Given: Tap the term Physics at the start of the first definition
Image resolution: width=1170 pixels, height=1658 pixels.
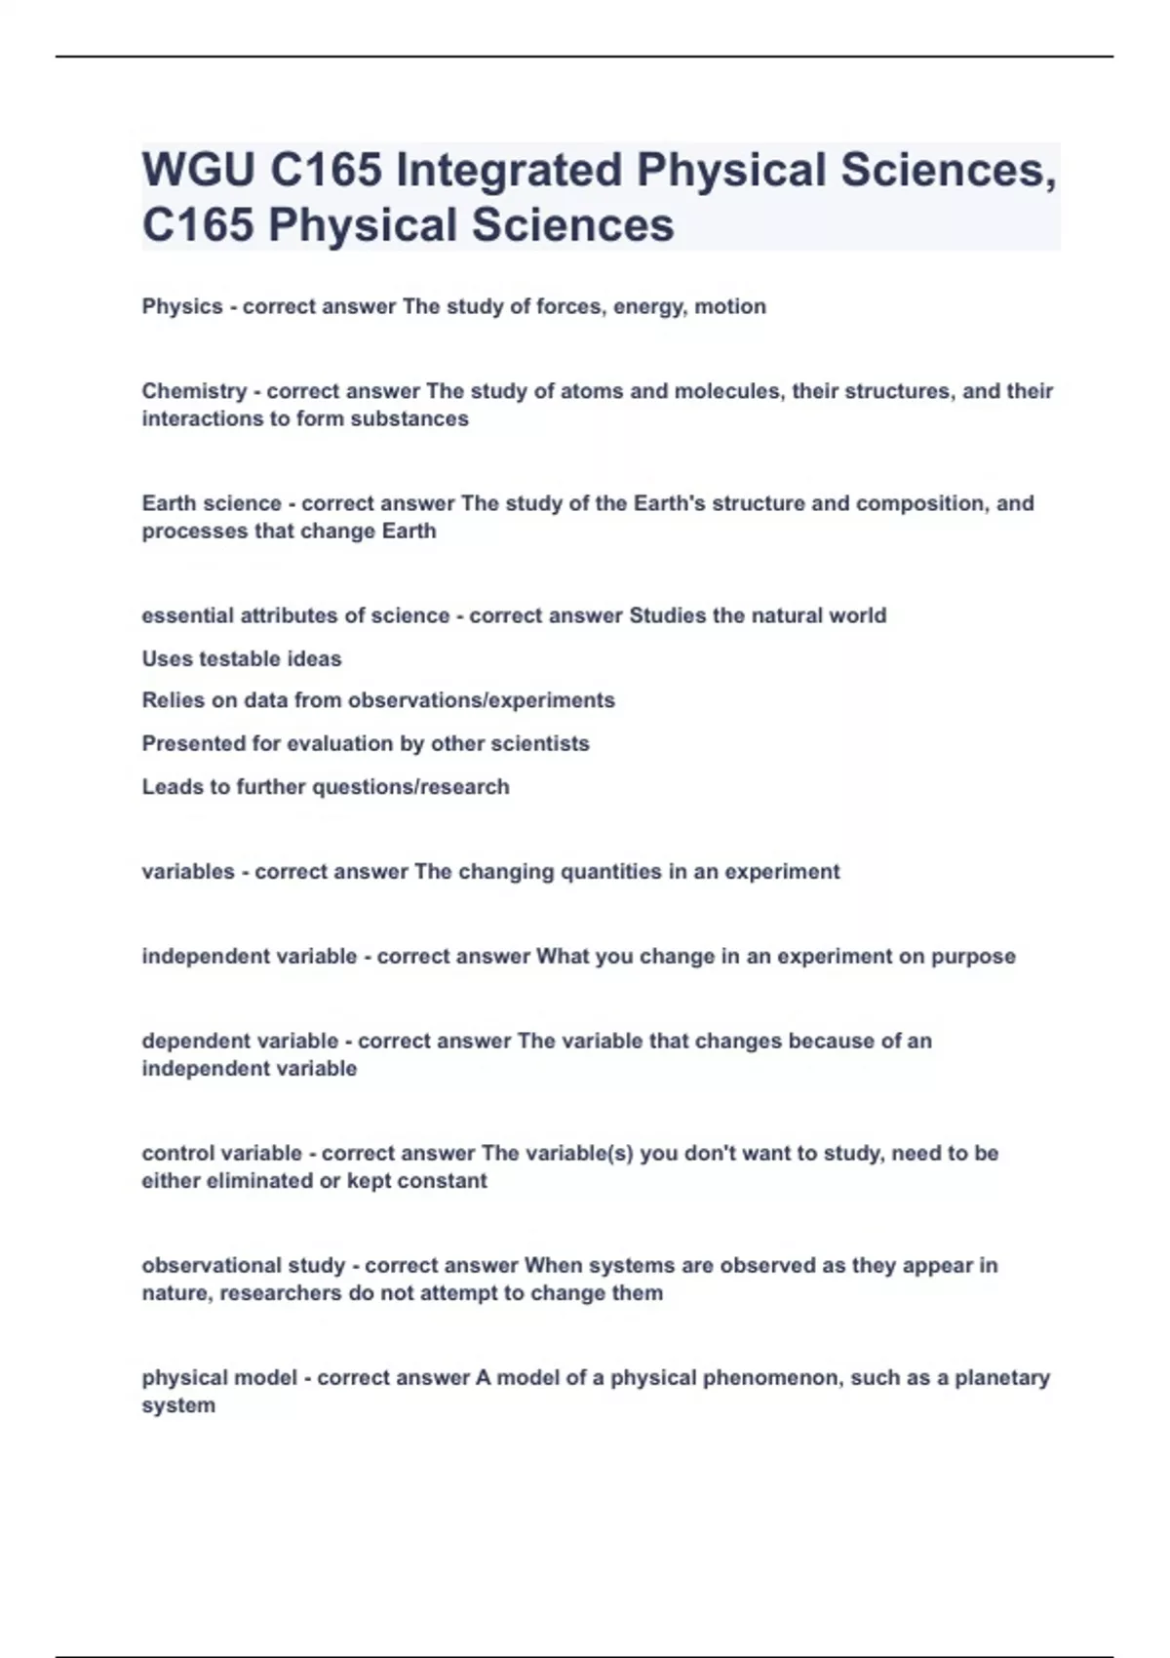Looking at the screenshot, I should (x=182, y=306).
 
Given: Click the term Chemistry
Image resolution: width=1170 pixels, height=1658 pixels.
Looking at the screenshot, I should (x=194, y=391).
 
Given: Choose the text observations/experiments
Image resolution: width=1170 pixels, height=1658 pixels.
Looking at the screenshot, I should (x=481, y=700).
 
